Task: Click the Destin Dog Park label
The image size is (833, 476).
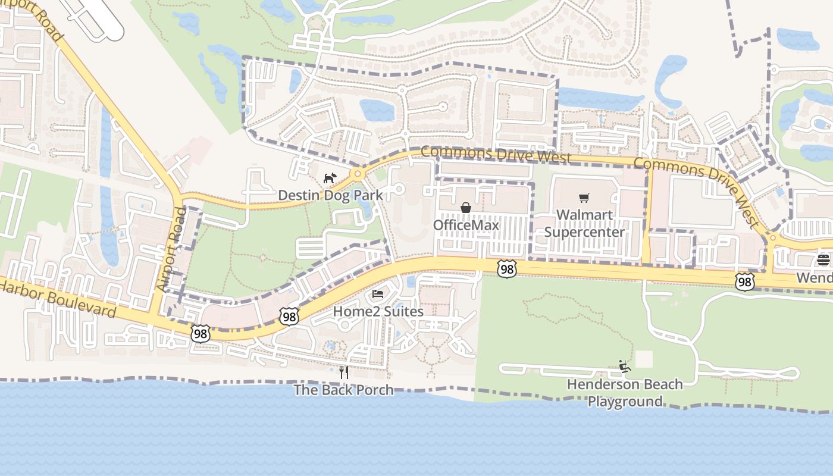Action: (330, 195)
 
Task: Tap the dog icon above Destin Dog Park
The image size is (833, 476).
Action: (330, 178)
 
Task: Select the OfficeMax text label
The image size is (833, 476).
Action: (465, 225)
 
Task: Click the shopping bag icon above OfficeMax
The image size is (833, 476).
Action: (466, 208)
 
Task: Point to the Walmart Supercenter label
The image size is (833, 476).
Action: (584, 223)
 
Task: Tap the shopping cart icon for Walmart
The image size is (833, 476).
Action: (584, 198)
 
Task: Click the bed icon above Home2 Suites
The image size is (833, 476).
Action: (378, 293)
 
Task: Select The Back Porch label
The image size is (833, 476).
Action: (344, 390)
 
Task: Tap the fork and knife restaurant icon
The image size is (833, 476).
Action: (343, 372)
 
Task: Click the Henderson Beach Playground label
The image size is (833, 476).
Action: (625, 393)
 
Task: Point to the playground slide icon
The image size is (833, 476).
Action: (624, 367)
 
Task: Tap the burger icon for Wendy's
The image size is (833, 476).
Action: (823, 259)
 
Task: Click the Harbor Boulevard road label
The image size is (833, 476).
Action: (58, 299)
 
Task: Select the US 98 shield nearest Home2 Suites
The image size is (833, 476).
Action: (289, 317)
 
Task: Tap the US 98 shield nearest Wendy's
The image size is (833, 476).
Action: (744, 281)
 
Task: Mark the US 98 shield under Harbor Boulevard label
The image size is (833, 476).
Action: (201, 334)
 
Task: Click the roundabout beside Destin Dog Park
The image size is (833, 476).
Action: (357, 174)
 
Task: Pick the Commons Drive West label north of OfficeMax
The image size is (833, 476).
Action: (495, 154)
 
